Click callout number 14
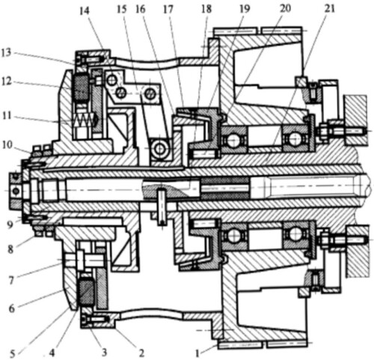85,11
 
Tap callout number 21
329,9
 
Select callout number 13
7,52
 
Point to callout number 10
7,144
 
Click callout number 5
13,354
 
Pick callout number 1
197,354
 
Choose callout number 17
168,10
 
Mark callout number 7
11,281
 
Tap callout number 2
141,353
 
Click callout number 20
285,8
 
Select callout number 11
7,116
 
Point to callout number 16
141,10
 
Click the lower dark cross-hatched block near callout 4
86,291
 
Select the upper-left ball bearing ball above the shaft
233,141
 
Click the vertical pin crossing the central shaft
162,207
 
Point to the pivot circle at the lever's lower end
159,149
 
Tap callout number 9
10,225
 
